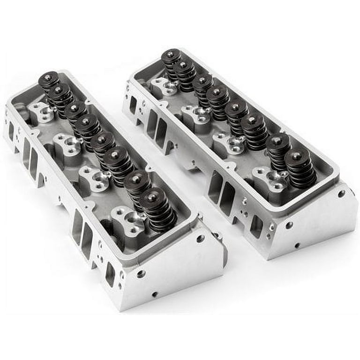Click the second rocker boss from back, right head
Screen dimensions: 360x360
(x=196, y=114)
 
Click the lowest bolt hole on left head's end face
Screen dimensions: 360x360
(x=155, y=294)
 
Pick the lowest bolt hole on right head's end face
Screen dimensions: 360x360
(x=297, y=245)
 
